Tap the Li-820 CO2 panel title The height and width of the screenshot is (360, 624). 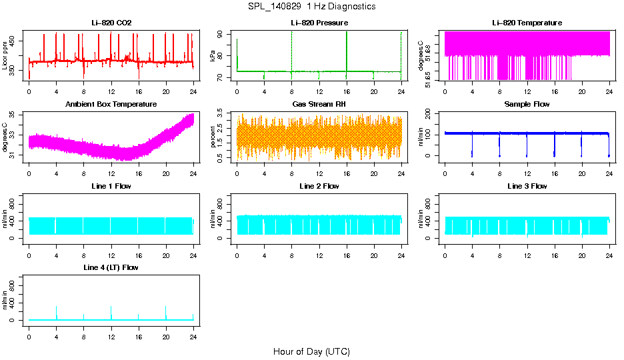pyautogui.click(x=111, y=23)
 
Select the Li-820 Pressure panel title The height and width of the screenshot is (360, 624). pyautogui.click(x=319, y=23)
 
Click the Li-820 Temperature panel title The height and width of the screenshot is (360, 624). pyautogui.click(x=527, y=23)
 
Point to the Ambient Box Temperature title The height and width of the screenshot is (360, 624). pyautogui.click(x=111, y=105)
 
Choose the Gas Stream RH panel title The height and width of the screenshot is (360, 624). pyautogui.click(x=319, y=105)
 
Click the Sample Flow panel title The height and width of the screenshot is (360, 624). pyautogui.click(x=527, y=105)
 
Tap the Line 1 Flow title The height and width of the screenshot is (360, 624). pyautogui.click(x=111, y=186)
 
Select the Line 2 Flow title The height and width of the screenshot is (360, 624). pyautogui.click(x=319, y=186)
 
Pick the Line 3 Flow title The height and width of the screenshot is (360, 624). pyautogui.click(x=527, y=186)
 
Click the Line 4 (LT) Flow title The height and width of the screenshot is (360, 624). pyautogui.click(x=111, y=267)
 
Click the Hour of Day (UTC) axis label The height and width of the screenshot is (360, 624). pyautogui.click(x=311, y=351)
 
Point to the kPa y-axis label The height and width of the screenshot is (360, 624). pyautogui.click(x=213, y=56)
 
